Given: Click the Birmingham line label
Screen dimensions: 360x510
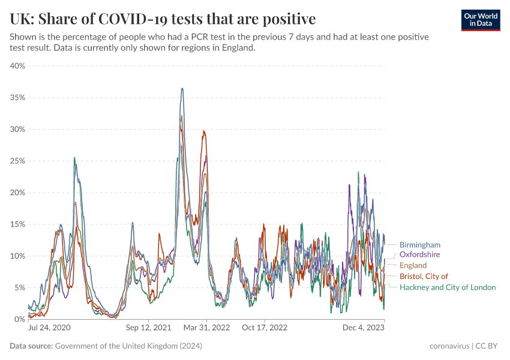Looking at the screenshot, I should tap(420, 245).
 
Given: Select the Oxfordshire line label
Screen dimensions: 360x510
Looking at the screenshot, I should tap(419, 254).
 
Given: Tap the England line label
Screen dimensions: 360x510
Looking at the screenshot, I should tap(413, 265).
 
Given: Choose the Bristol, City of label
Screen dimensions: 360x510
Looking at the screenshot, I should tap(424, 276).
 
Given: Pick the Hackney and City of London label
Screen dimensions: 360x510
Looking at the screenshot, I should tap(448, 287).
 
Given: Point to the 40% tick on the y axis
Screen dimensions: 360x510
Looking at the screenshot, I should tap(17, 66).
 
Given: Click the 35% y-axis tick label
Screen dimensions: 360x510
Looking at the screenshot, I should tap(17, 97).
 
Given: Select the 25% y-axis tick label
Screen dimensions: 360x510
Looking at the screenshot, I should tap(17, 161).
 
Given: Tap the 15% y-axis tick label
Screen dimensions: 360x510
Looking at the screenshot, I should tap(17, 224).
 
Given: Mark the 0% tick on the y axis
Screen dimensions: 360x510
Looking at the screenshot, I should tap(19, 319).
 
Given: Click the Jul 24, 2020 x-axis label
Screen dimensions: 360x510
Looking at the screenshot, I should tap(49, 328).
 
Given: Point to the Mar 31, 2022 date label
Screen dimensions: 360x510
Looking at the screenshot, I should tap(207, 328).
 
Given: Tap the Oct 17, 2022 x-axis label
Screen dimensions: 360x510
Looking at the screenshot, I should tap(265, 328).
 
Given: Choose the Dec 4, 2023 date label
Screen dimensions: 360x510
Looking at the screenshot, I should tap(364, 328).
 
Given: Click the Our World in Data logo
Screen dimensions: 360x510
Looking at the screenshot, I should tap(481, 20).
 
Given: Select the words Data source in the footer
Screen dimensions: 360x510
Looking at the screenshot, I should tap(31, 346).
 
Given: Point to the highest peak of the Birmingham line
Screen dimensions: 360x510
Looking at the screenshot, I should tap(182, 89).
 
